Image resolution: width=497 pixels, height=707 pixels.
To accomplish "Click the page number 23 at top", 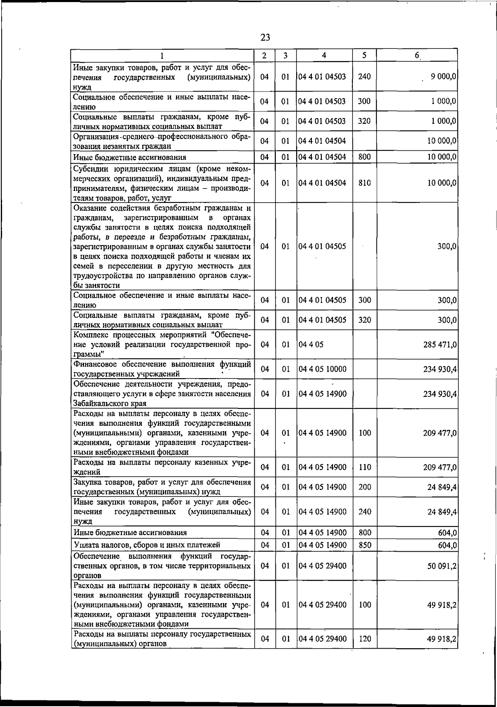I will tap(265, 38).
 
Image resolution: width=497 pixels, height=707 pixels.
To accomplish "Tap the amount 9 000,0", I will tap(443, 77).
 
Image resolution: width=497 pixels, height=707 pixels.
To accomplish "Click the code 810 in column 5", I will tap(364, 183).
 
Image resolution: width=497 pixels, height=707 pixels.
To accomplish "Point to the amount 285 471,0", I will tap(440, 345).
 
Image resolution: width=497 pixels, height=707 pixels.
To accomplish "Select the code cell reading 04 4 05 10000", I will tap(322, 369).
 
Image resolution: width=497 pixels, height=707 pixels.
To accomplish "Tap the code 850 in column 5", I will tap(364, 545).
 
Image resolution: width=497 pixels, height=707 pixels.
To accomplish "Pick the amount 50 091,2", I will tap(442, 566).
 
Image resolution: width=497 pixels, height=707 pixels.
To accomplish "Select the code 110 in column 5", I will tap(364, 467).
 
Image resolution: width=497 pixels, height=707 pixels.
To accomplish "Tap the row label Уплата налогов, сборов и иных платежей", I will tap(147, 545).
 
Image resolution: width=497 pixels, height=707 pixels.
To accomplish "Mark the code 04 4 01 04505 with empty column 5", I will tap(322, 246).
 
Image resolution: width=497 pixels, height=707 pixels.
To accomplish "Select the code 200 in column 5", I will tap(364, 487).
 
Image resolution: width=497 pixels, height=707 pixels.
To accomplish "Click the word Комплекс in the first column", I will tap(89, 335).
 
